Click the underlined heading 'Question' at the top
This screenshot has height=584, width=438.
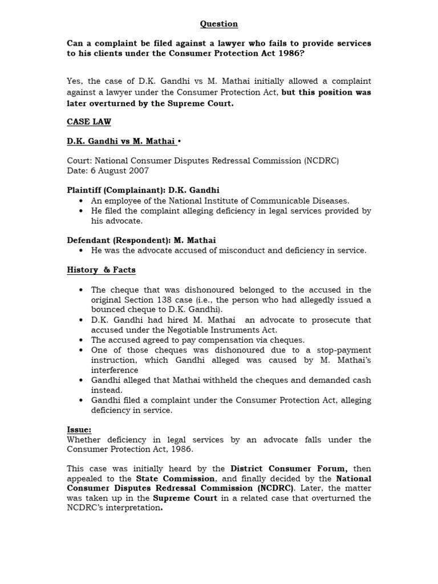(x=219, y=24)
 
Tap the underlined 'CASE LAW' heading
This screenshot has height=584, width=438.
(x=89, y=122)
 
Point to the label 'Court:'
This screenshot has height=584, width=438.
(x=79, y=161)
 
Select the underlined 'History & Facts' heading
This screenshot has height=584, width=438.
(x=101, y=270)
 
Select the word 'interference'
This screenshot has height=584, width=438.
(x=115, y=370)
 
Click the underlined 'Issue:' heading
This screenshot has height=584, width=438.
(x=79, y=429)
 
